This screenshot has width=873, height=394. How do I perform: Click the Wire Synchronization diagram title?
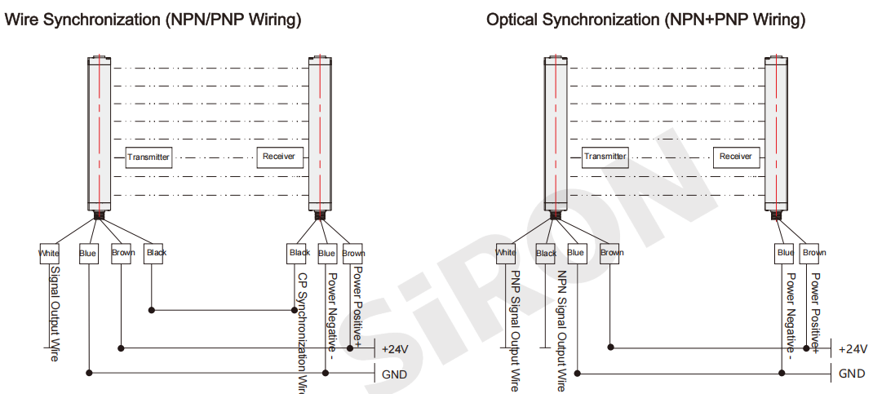pyautogui.click(x=153, y=20)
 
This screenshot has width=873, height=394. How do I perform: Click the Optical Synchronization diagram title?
pyautogui.click(x=645, y=20)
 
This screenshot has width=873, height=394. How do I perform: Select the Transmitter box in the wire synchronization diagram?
pyautogui.click(x=148, y=157)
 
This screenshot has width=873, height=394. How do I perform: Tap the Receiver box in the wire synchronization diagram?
pyautogui.click(x=279, y=157)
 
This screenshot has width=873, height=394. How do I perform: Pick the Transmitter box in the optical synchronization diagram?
pyautogui.click(x=605, y=157)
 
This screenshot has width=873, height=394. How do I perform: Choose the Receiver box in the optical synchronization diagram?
pyautogui.click(x=735, y=157)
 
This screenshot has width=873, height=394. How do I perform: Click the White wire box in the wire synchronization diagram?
pyautogui.click(x=49, y=254)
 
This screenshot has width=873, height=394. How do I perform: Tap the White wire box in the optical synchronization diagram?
pyautogui.click(x=506, y=254)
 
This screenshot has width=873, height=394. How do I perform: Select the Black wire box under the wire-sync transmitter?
pyautogui.click(x=156, y=254)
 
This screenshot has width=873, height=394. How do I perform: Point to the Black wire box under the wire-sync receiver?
pyautogui.click(x=299, y=254)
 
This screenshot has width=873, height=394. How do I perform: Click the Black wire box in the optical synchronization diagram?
pyautogui.click(x=546, y=254)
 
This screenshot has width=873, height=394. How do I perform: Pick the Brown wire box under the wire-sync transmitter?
pyautogui.click(x=123, y=254)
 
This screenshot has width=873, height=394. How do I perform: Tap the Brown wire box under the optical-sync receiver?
pyautogui.click(x=813, y=254)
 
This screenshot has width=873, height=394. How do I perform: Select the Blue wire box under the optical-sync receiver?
pyautogui.click(x=785, y=254)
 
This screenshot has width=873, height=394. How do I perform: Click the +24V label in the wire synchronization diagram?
pyautogui.click(x=395, y=349)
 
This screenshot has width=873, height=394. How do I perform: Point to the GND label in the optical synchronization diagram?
pyautogui.click(x=852, y=374)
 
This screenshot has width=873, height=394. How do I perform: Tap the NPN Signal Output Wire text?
pyautogui.click(x=561, y=330)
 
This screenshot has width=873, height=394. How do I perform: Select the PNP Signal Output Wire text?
pyautogui.click(x=515, y=330)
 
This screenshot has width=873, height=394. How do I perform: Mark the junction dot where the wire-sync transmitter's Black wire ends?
pyautogui.click(x=152, y=310)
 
